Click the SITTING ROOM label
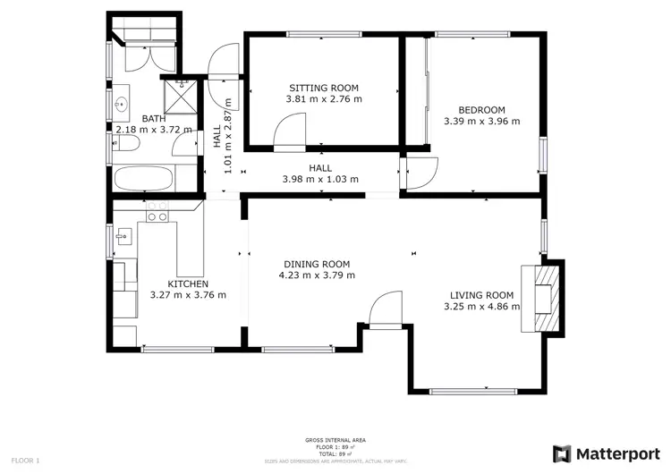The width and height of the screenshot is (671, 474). click(x=323, y=88)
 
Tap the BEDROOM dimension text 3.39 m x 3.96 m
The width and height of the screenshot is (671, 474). click(x=481, y=121)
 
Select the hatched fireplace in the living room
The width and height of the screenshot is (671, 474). click(x=545, y=295)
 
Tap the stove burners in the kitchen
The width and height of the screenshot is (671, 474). click(x=157, y=211)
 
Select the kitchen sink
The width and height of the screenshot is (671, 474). click(x=124, y=236)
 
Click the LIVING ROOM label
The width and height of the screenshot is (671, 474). click(x=481, y=295)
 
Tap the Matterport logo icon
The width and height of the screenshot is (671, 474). click(x=562, y=453)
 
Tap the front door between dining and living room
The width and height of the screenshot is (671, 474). click(x=385, y=313)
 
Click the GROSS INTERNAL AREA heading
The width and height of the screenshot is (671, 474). click(x=335, y=440)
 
